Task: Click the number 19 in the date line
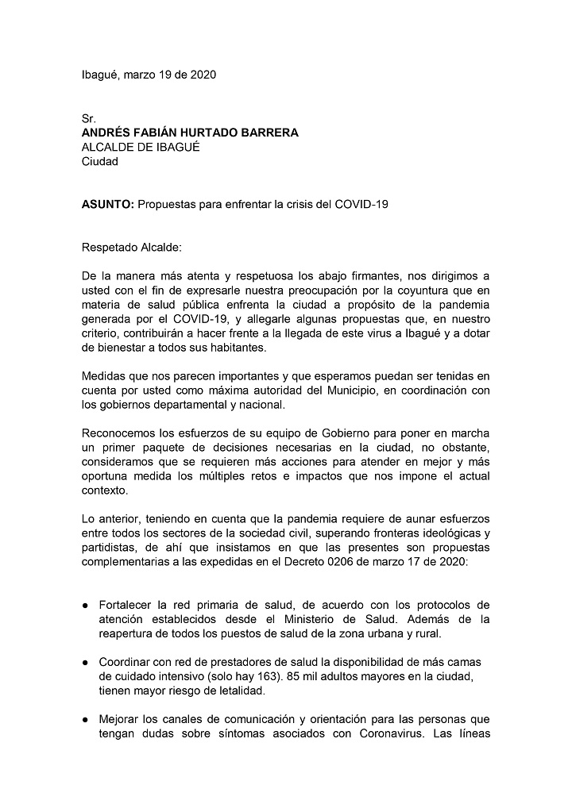tap(164, 75)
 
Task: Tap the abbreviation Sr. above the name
tap(88, 119)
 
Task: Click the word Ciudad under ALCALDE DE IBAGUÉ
tap(100, 162)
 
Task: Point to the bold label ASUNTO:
tap(108, 204)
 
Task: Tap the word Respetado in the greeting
tap(109, 248)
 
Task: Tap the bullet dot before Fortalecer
tap(85, 606)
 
